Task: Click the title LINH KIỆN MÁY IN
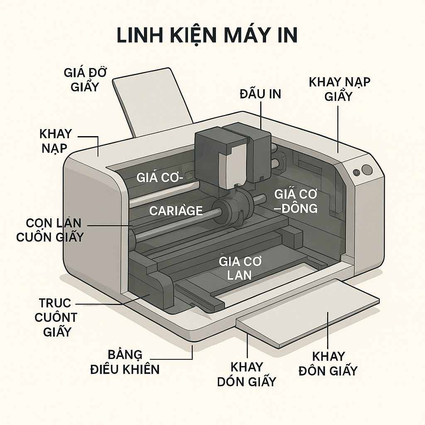pos(207,36)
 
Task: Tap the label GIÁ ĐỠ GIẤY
pos(85,80)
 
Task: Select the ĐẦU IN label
pos(260,94)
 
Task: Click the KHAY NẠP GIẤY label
pos(339,89)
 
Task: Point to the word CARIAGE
pos(176,210)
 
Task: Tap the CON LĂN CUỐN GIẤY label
pos(50,230)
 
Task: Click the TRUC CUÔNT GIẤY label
pos(56,318)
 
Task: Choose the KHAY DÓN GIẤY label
pos(247,374)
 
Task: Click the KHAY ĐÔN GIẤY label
pos(328,363)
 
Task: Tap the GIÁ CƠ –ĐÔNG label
pos(296,200)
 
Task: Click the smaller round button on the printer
pos(356,172)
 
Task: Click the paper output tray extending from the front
pos(307,311)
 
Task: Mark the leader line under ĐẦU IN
pos(261,114)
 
